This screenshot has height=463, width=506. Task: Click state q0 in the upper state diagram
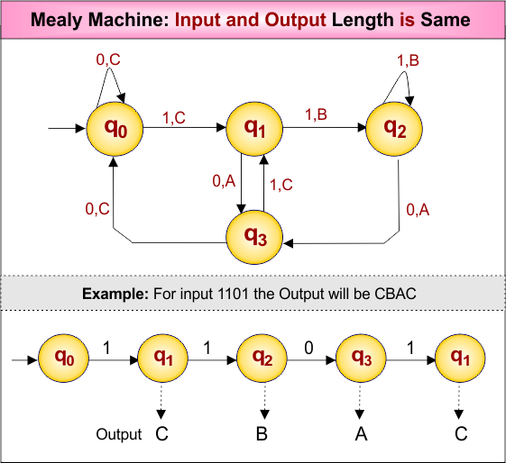click(115, 129)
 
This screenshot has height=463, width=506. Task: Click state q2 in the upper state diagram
click(395, 128)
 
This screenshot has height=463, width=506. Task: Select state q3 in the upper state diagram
click(255, 236)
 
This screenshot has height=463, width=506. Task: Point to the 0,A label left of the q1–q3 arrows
click(224, 181)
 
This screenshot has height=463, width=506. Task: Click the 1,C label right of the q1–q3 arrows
click(281, 185)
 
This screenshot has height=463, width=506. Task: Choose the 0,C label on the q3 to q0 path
click(98, 208)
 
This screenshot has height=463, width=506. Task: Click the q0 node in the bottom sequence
click(66, 359)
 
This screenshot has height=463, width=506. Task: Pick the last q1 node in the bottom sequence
click(460, 359)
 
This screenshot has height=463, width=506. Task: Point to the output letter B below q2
click(262, 434)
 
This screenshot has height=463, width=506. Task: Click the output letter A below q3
click(361, 434)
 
